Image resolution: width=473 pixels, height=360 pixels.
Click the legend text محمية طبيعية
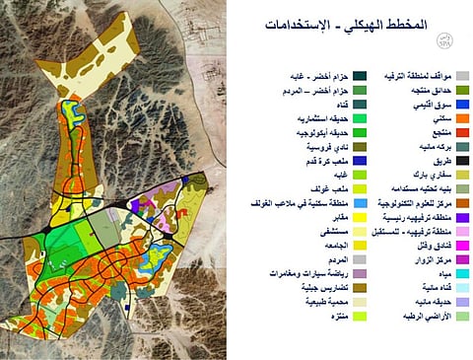(279, 301)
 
